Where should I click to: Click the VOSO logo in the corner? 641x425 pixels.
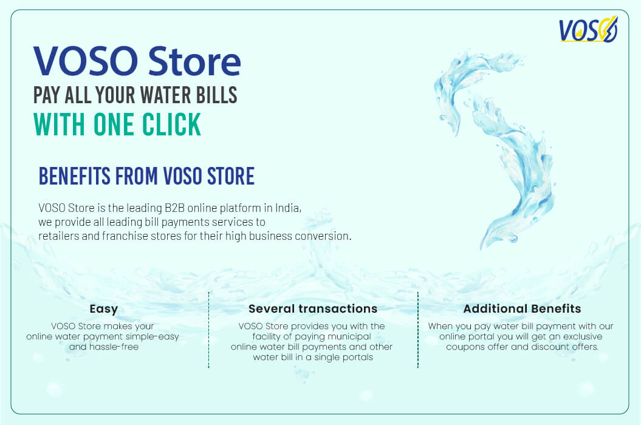(588, 29)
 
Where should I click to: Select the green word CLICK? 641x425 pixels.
(171, 124)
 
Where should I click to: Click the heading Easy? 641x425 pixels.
(103, 309)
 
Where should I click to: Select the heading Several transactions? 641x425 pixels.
(312, 309)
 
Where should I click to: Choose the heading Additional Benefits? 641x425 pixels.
(522, 309)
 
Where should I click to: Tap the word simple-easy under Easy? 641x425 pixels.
(149, 336)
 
